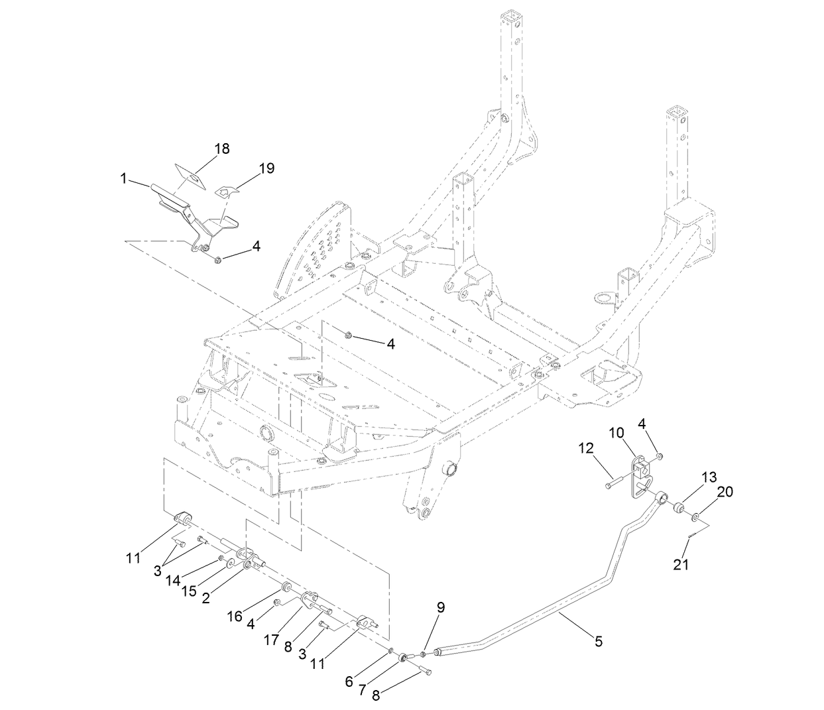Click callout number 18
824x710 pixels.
pyautogui.click(x=222, y=148)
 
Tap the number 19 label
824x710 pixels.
pyautogui.click(x=266, y=168)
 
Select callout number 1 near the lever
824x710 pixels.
pyautogui.click(x=123, y=178)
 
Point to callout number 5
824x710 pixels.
pyautogui.click(x=599, y=641)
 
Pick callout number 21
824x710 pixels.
pyautogui.click(x=681, y=564)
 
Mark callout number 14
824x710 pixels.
pyautogui.click(x=174, y=581)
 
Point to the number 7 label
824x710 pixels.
pyautogui.click(x=363, y=689)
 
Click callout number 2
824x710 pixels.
pyautogui.click(x=206, y=597)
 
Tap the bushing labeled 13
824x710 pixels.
pyautogui.click(x=679, y=508)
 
